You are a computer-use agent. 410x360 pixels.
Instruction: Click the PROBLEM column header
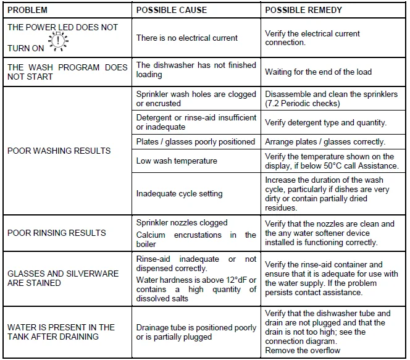tap(27, 10)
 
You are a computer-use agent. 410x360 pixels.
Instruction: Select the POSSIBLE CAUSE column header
tap(171, 10)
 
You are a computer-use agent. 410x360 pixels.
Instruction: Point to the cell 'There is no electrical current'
tap(186, 38)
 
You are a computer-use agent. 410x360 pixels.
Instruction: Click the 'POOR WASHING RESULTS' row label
tap(59, 151)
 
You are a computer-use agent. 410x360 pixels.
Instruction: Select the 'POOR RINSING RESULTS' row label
tap(56, 233)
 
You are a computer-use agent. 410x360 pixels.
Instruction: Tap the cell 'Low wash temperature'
tap(177, 161)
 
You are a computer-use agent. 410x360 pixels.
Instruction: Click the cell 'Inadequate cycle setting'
tap(179, 193)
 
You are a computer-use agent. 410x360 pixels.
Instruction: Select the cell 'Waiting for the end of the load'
tap(318, 72)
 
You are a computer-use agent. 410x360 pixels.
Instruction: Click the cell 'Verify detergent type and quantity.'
tap(325, 122)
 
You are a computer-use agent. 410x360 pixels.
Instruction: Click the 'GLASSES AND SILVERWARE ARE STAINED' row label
tap(62, 278)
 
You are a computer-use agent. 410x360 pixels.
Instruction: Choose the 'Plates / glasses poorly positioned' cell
tap(195, 141)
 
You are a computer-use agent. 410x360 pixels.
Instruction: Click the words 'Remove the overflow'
tap(303, 350)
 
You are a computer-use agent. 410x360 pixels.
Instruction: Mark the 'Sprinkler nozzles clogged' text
tap(182, 222)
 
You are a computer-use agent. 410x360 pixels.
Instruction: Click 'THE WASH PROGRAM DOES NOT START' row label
tap(67, 72)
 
